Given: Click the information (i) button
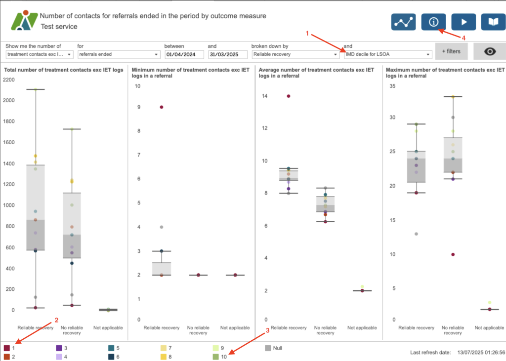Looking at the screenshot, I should pos(433,22).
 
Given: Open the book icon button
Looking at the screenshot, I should pos(493,22).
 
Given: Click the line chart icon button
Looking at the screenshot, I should pos(404,22).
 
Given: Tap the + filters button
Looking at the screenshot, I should pos(451,51).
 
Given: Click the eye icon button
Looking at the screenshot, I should pos(489,51).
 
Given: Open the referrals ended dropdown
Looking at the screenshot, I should pos(119,54).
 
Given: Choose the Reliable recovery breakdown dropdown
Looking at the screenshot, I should pos(295,54).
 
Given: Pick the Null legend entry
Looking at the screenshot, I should pos(273,348).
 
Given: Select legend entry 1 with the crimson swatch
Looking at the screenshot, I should pos(11,348).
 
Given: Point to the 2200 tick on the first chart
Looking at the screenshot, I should pos(9,80).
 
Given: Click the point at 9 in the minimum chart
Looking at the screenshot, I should pos(161,107).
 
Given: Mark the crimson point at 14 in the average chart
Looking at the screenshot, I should pos(288,96).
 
